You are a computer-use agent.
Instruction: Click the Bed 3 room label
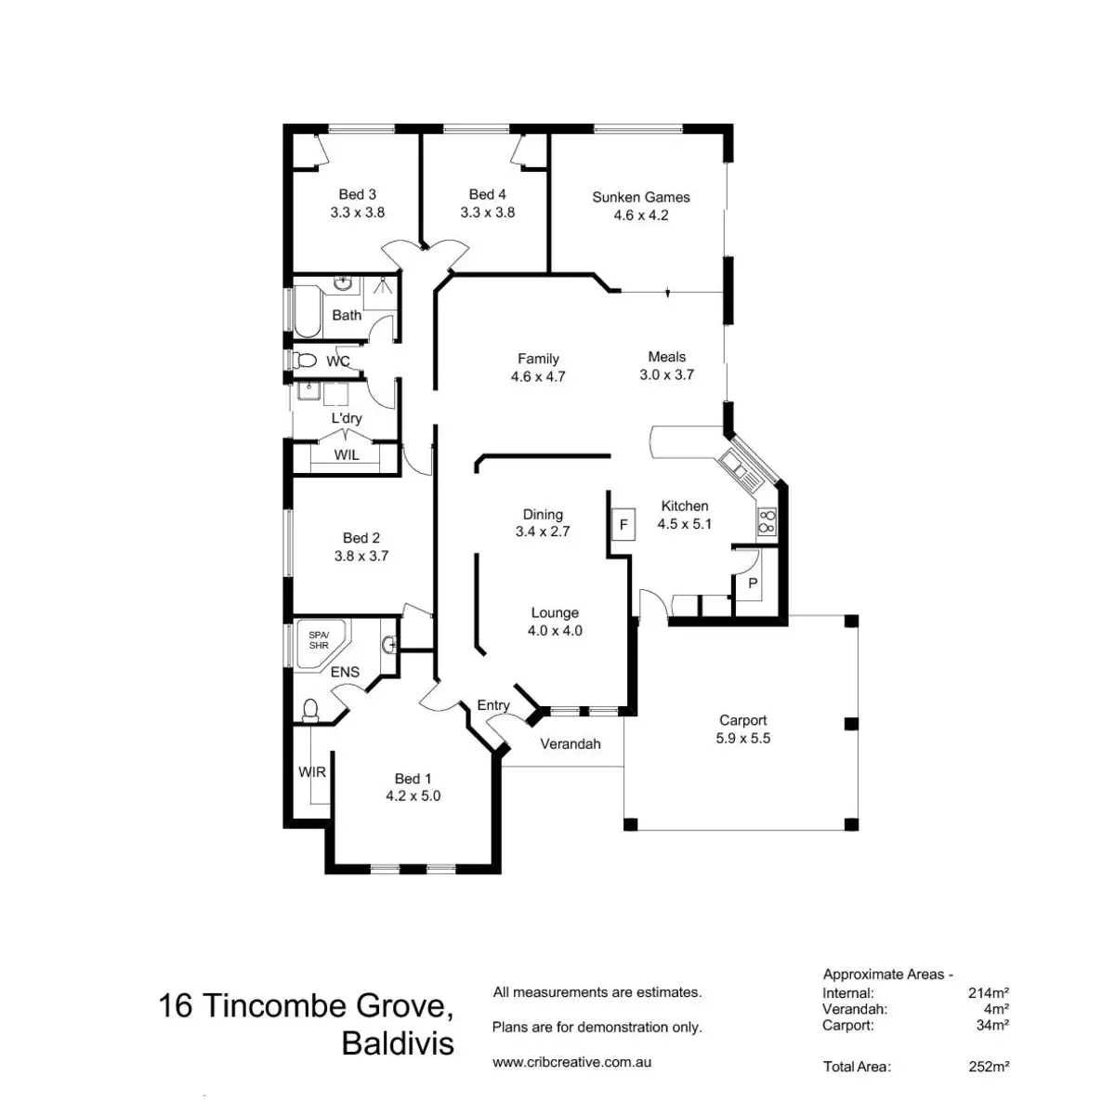point(357,194)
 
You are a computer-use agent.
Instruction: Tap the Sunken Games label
point(641,197)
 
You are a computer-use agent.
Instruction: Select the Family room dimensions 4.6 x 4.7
point(538,376)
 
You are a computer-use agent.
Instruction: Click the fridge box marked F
point(623,525)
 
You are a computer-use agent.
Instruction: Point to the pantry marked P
point(753,584)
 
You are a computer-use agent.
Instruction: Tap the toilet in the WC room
point(303,360)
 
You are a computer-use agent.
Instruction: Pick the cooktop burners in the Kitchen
point(767,522)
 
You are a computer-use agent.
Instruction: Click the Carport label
point(743,720)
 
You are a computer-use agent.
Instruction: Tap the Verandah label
point(571,743)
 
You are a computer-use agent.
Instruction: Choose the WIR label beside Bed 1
point(312,772)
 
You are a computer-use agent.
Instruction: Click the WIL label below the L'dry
point(347,455)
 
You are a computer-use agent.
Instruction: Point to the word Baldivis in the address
point(398,1043)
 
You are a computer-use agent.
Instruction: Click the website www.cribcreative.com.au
point(571,1061)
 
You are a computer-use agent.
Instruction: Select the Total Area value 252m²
point(989,1067)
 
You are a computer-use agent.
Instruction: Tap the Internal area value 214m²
point(989,992)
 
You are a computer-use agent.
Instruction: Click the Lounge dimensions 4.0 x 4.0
point(555,630)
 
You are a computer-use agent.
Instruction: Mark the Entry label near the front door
point(493,705)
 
